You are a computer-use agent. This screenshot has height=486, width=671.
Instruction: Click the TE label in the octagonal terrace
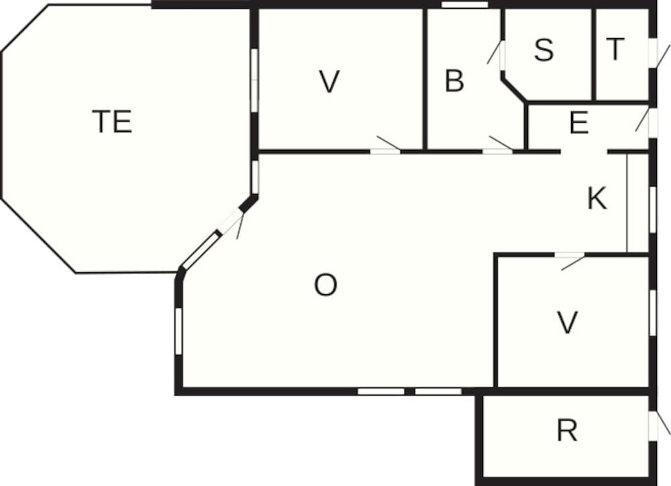click(x=112, y=122)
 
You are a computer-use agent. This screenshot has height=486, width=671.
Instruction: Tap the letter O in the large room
click(x=325, y=286)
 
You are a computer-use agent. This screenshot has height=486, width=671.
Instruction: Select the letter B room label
click(x=454, y=82)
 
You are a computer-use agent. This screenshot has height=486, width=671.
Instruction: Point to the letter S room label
click(x=544, y=50)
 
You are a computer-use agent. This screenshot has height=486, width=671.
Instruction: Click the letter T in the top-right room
click(x=615, y=49)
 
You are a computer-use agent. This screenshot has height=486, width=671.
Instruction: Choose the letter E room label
click(x=578, y=124)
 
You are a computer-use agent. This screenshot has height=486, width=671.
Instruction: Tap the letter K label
click(x=597, y=198)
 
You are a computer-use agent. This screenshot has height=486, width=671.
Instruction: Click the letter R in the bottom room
click(x=567, y=431)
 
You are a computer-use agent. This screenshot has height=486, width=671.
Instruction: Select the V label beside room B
click(x=328, y=82)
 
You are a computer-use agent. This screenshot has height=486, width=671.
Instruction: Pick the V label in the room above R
click(x=568, y=323)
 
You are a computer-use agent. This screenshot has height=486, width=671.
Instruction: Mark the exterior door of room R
click(x=654, y=426)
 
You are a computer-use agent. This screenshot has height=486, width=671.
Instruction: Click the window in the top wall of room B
click(x=464, y=5)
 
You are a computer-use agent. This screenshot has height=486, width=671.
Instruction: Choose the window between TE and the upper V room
click(x=254, y=79)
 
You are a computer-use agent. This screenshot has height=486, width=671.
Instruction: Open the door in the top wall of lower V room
click(x=569, y=255)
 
